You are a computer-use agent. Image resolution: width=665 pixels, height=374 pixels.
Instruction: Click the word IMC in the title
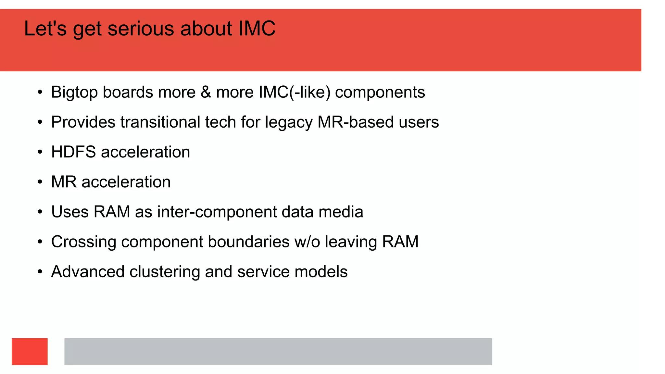(x=257, y=29)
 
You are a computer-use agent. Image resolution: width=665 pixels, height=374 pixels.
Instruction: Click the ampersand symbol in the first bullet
(x=206, y=92)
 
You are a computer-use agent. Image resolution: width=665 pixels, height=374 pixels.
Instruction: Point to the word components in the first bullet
(x=380, y=93)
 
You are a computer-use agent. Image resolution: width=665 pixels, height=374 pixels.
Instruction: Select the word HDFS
(x=73, y=152)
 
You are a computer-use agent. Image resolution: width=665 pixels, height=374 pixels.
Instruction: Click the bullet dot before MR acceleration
(x=40, y=182)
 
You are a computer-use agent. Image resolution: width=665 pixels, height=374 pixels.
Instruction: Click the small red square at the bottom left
(x=30, y=352)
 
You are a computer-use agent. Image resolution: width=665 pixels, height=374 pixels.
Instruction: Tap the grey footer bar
(x=278, y=352)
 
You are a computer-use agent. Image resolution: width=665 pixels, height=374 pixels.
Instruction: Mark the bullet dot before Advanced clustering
(x=40, y=272)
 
